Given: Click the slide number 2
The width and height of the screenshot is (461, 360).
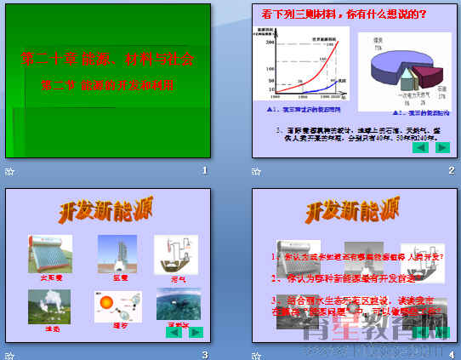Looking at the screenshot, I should (x=452, y=171).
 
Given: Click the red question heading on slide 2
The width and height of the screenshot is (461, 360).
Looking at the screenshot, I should (x=344, y=14).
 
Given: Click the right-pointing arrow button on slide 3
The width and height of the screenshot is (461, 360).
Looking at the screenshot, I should (x=196, y=332).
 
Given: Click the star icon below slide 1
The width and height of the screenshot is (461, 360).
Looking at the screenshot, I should (x=9, y=171).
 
